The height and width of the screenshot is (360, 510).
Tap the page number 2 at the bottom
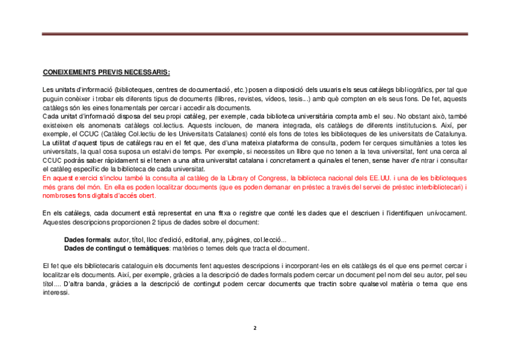(x=254, y=328)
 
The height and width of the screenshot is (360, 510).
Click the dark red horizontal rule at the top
(x=254, y=34)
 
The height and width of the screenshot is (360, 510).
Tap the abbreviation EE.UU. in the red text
(x=379, y=178)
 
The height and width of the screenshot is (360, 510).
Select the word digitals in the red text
(x=96, y=196)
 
